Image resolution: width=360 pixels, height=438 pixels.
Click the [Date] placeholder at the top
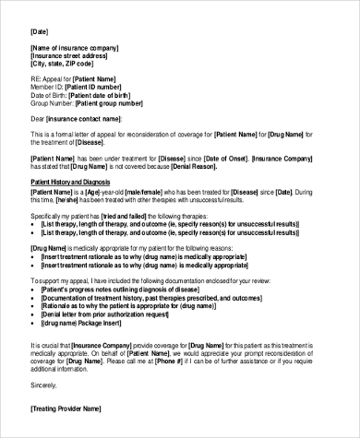click(39, 31)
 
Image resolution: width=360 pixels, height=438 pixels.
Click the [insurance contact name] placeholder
click(84, 119)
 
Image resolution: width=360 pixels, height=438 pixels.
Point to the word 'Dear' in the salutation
click(37, 119)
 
